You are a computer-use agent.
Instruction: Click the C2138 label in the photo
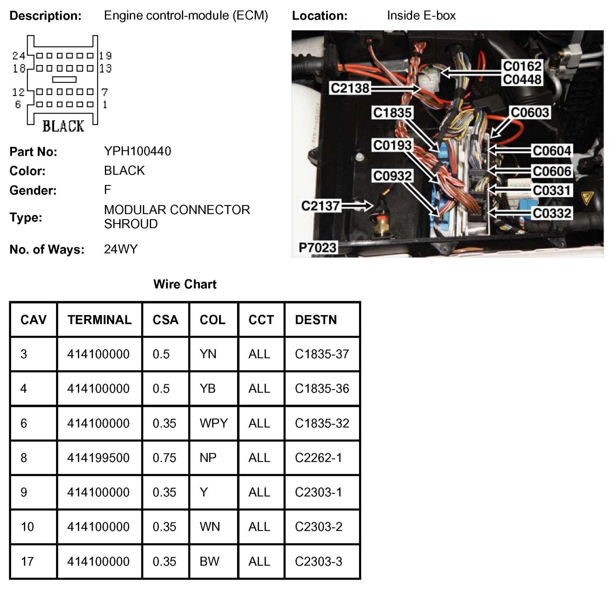349,88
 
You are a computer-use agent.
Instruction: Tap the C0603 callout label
529,113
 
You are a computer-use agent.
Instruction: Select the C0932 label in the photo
392,176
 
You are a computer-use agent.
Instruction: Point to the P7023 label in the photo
317,247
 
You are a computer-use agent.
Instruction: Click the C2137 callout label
320,206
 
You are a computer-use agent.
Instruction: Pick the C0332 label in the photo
551,213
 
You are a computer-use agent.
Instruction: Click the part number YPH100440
137,151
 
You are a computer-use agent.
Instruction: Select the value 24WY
120,249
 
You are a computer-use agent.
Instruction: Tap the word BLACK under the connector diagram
63,126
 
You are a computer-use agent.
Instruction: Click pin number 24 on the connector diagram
18,56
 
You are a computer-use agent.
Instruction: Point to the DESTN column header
316,320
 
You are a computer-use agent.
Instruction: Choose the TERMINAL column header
100,320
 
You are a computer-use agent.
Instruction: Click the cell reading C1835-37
322,354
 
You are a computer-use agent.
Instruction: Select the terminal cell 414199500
98,458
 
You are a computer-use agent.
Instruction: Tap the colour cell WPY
213,423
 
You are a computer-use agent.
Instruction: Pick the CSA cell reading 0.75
164,458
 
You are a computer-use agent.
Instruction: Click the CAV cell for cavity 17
27,562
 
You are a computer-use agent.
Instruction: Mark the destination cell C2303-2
318,527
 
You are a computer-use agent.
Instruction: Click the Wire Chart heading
184,284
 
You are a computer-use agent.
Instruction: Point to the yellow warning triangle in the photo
587,198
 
